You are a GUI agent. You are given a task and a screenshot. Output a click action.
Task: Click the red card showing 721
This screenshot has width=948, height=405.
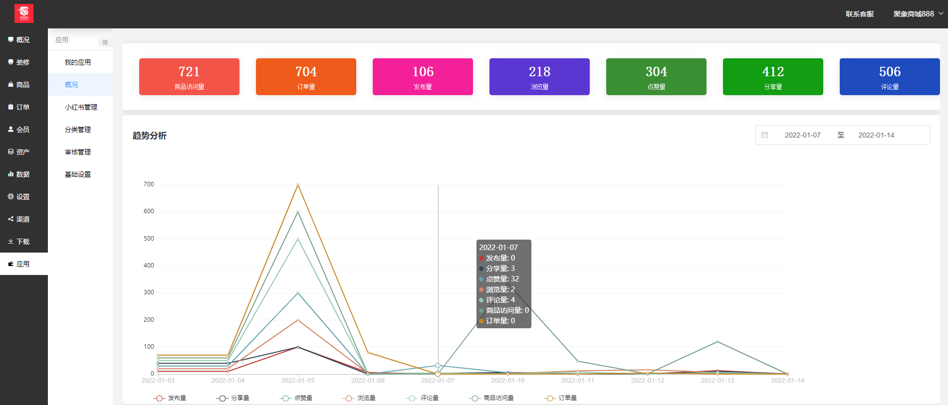tap(189, 77)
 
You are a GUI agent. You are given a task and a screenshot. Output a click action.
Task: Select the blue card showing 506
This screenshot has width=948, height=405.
tap(890, 77)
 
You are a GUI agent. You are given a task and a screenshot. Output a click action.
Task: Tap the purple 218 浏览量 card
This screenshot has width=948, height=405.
tap(539, 77)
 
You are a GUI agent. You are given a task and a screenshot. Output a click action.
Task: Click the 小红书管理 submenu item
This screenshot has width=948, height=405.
tap(81, 107)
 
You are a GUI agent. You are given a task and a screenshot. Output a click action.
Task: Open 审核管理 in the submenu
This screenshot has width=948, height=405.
tap(78, 152)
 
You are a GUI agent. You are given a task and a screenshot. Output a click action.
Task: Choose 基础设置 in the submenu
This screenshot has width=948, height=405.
tap(78, 174)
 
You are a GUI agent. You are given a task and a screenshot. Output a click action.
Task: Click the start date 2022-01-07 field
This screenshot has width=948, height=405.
tap(802, 135)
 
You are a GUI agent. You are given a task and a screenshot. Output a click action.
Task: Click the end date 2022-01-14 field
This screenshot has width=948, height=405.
tap(876, 135)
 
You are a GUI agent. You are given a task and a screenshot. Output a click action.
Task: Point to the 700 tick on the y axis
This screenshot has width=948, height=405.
tap(149, 184)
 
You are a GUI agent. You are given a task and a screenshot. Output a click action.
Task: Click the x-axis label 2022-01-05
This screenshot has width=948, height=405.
tap(298, 380)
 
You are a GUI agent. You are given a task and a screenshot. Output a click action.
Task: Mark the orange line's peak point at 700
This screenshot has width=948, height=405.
tap(298, 185)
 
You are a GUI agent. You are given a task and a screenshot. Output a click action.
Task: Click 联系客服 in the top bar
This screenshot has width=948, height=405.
tap(860, 14)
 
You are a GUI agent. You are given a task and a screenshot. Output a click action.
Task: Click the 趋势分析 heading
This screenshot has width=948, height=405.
tap(150, 135)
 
